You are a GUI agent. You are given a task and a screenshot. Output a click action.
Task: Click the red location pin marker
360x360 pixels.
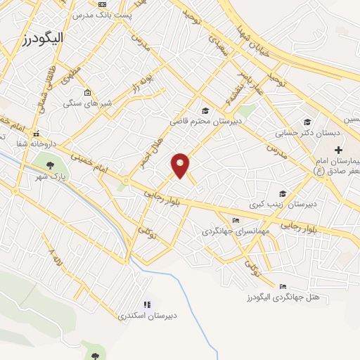click(181, 165)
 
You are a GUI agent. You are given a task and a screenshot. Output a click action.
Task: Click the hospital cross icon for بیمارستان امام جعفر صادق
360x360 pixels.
click(338, 150)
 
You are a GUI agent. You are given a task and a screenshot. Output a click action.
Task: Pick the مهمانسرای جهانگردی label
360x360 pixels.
click(233, 231)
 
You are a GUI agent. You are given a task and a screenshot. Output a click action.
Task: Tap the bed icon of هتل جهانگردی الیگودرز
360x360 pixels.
click(283, 286)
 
